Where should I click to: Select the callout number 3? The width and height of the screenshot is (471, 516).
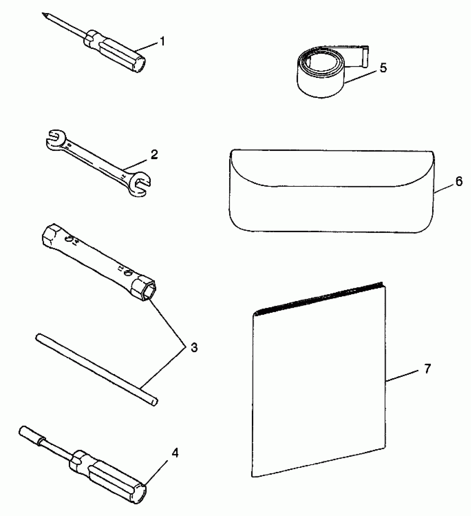pos(194,347)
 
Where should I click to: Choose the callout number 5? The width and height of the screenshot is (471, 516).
pos(383,67)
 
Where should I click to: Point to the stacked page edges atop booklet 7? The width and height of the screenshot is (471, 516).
pos(319,299)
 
